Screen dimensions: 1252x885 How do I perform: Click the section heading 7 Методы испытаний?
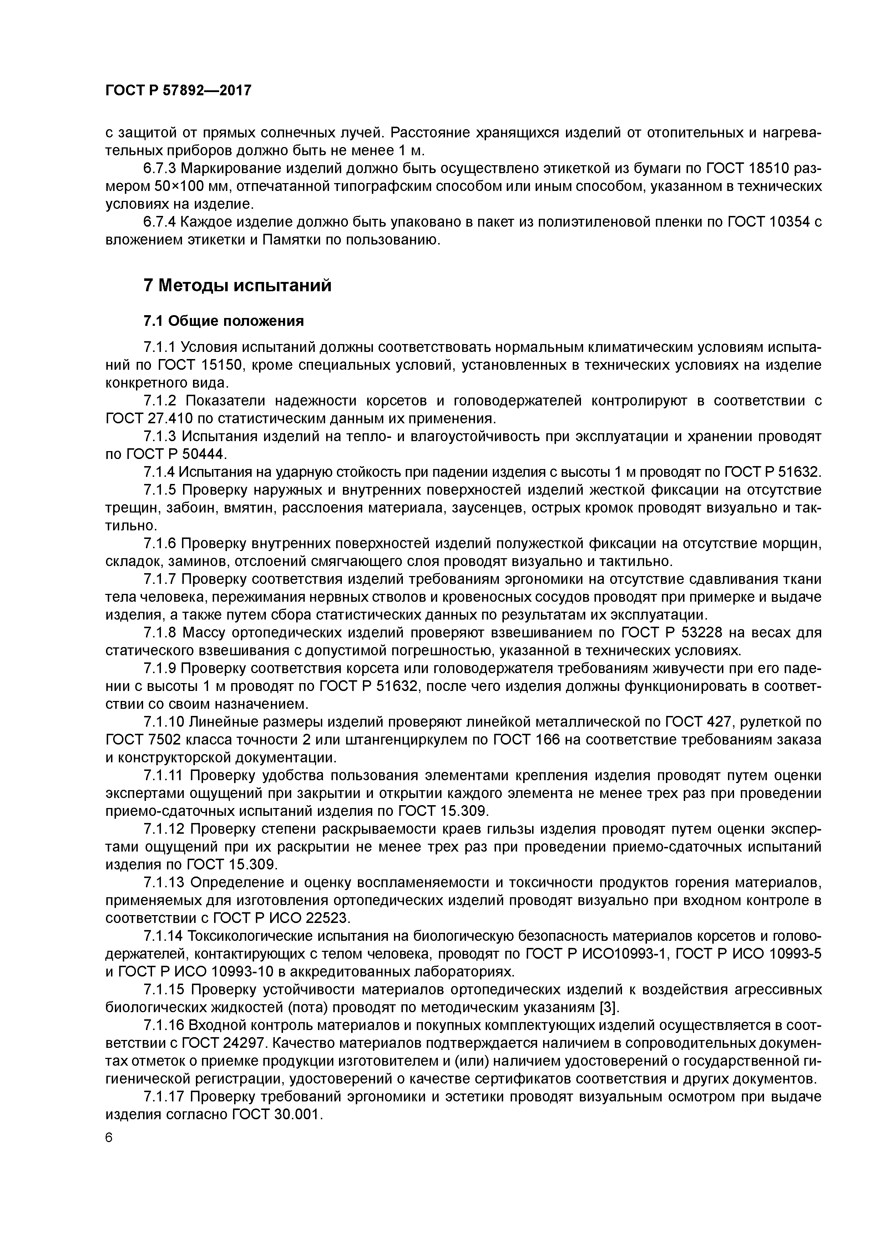click(x=237, y=285)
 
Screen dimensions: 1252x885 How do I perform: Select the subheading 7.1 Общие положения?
click(x=223, y=321)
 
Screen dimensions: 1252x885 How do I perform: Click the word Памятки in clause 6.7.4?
click(x=292, y=240)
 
